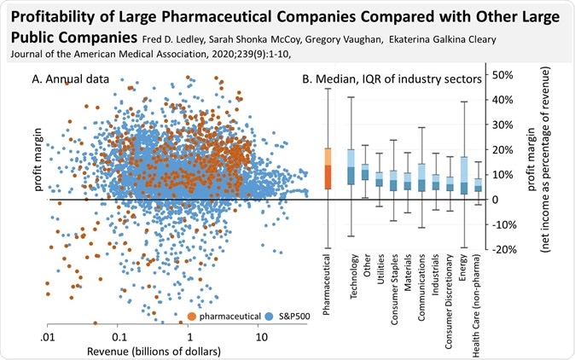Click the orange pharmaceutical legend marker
[x=194, y=317]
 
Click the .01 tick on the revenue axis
[x=48, y=337]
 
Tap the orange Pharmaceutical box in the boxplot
[x=328, y=174]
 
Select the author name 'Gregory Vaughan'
[x=359, y=39]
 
